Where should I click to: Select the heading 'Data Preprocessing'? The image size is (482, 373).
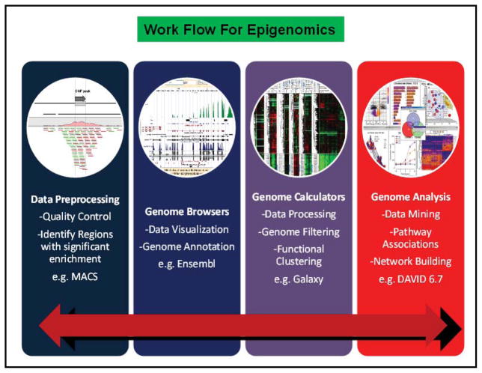tap(75, 200)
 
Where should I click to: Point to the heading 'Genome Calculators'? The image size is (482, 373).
tap(299, 197)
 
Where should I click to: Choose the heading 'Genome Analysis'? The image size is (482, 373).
tap(410, 197)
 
